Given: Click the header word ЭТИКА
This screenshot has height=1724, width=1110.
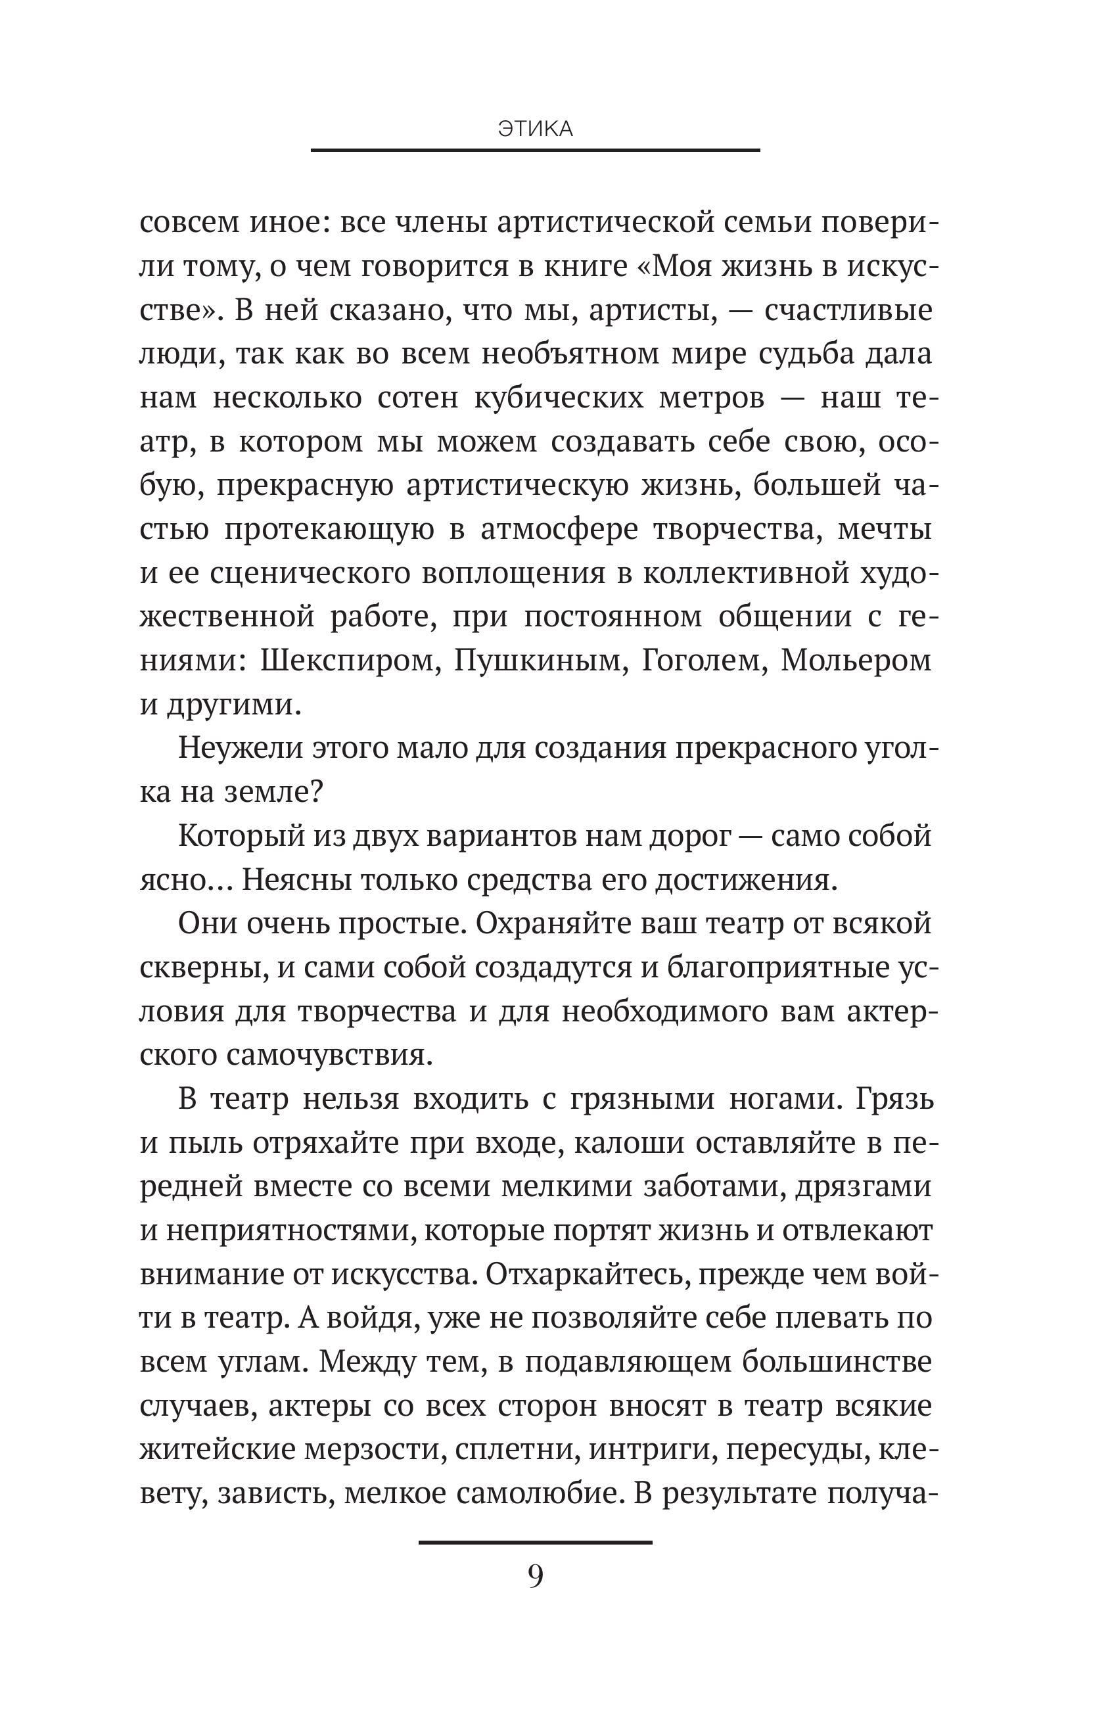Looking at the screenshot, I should click(x=535, y=129).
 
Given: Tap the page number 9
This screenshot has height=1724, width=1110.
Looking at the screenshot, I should click(x=536, y=1576).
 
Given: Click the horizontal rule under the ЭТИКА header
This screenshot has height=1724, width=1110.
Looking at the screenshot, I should click(x=535, y=150).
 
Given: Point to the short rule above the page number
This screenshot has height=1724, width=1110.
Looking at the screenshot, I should click(x=535, y=1543).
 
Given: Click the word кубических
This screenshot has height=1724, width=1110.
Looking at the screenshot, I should click(x=559, y=398).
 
